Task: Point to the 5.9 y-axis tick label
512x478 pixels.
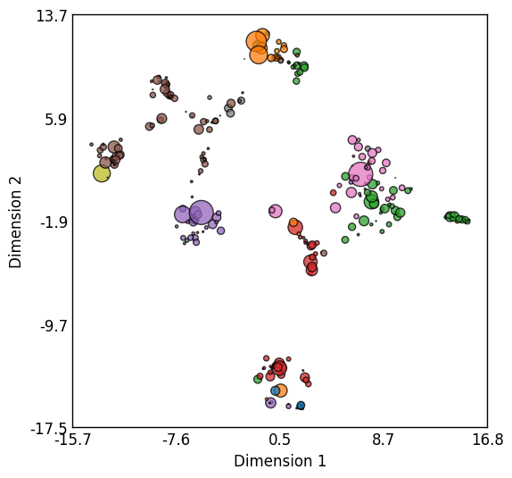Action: pyautogui.click(x=55, y=120)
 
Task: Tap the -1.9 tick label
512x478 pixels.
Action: pyautogui.click(x=54, y=223)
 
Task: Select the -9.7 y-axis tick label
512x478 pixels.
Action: pyautogui.click(x=54, y=326)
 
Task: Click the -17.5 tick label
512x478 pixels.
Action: pyautogui.click(x=49, y=429)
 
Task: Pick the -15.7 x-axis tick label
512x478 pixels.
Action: pyautogui.click(x=72, y=440)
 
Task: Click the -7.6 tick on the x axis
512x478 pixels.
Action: pyautogui.click(x=177, y=440)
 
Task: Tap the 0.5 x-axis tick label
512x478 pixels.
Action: pyautogui.click(x=279, y=440)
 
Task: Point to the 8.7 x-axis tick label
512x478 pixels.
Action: pyautogui.click(x=384, y=440)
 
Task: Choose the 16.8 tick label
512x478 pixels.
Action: pyautogui.click(x=488, y=440)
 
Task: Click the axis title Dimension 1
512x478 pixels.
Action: pyautogui.click(x=280, y=461)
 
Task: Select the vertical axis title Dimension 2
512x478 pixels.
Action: pyautogui.click(x=15, y=222)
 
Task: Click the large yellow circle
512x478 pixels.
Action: pyautogui.click(x=102, y=173)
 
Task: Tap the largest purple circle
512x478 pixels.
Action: pyautogui.click(x=202, y=213)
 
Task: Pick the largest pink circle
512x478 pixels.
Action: pyautogui.click(x=361, y=174)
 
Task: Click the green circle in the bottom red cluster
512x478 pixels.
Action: pyautogui.click(x=258, y=379)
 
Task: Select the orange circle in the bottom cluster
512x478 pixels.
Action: pyautogui.click(x=280, y=390)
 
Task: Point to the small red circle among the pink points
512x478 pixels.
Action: pyautogui.click(x=333, y=193)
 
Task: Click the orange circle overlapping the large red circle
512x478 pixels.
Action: pyautogui.click(x=293, y=222)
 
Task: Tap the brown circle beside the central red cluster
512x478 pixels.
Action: pyautogui.click(x=324, y=253)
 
